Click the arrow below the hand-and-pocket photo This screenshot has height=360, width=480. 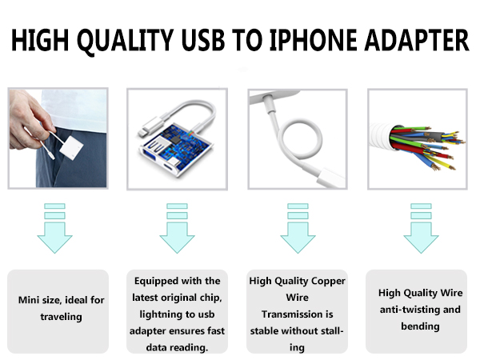[x=54, y=228]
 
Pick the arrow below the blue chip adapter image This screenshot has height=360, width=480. [x=177, y=228]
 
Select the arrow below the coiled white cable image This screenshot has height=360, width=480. [x=296, y=228]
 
